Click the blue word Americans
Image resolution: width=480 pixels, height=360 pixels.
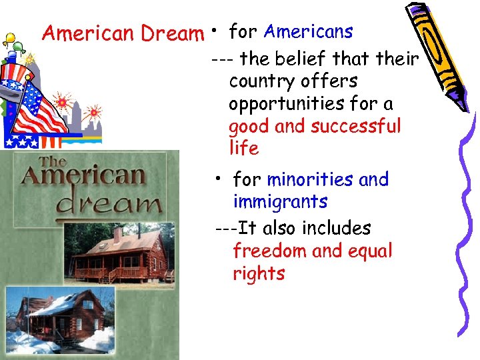pyautogui.click(x=308, y=31)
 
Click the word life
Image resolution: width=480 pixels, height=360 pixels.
pyautogui.click(x=243, y=148)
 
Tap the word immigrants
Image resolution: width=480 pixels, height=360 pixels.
pyautogui.click(x=280, y=201)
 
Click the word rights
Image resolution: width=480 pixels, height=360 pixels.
pyautogui.click(x=259, y=274)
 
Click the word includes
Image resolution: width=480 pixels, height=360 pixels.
pyautogui.click(x=337, y=228)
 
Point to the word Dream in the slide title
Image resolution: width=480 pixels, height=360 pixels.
pyautogui.click(x=176, y=33)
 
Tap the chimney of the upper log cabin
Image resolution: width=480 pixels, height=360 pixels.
pyautogui.click(x=117, y=235)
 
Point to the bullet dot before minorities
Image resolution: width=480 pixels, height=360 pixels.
pyautogui.click(x=217, y=179)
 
